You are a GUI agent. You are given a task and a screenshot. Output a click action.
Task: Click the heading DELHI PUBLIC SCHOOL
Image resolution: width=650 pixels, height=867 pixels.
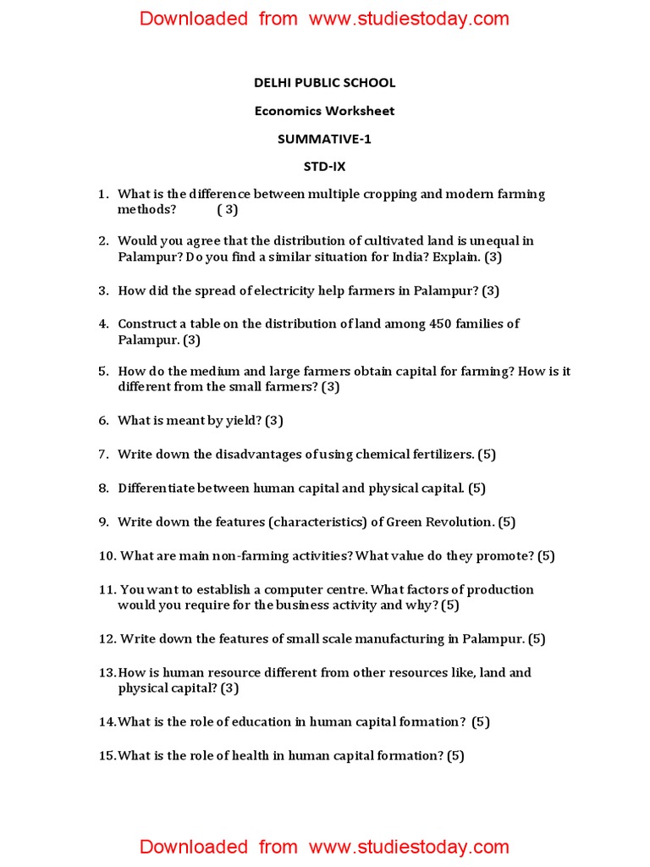click(x=325, y=83)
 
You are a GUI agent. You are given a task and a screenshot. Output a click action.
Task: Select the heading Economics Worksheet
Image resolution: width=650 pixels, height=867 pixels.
click(x=325, y=111)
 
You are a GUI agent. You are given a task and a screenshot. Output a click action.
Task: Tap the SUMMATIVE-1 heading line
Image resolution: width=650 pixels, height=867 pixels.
click(x=325, y=139)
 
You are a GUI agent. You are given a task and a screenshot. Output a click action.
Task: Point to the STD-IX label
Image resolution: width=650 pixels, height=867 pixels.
click(x=325, y=167)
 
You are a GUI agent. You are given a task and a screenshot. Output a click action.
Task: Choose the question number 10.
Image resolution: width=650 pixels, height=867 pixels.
click(x=106, y=556)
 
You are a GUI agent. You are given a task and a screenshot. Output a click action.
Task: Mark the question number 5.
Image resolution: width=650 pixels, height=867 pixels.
click(x=103, y=371)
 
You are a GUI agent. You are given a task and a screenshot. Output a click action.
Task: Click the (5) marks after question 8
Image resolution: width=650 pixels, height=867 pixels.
click(x=477, y=488)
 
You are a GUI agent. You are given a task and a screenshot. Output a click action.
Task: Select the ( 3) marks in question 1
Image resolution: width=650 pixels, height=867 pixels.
click(x=227, y=209)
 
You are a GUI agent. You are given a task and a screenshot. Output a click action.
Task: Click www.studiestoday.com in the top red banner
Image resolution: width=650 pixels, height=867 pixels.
click(x=409, y=19)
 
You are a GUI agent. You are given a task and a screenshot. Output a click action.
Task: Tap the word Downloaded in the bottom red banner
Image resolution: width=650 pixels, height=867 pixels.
click(x=194, y=847)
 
